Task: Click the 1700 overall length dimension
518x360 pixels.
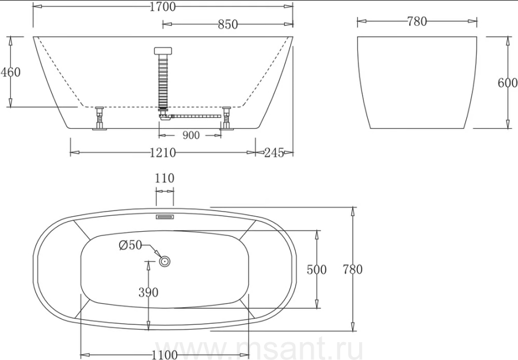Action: tap(162, 6)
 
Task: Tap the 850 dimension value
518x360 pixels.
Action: tap(227, 24)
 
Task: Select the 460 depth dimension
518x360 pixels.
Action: tap(10, 72)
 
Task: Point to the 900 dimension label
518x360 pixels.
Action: tap(191, 135)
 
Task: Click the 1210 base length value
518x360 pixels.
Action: tap(162, 152)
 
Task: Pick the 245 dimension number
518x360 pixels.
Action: tap(274, 152)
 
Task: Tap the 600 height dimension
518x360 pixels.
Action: tap(508, 82)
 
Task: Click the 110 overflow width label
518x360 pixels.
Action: tap(165, 178)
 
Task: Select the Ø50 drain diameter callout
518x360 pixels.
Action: tap(130, 245)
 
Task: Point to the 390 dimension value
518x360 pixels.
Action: tap(148, 292)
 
